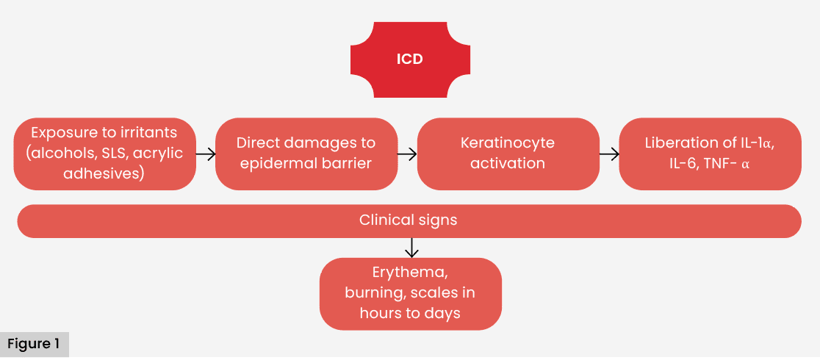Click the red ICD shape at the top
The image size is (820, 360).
click(409, 60)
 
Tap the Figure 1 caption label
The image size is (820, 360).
click(34, 344)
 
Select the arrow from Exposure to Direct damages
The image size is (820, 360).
click(206, 154)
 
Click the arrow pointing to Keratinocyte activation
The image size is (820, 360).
click(407, 154)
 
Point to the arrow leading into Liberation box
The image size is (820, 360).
click(609, 154)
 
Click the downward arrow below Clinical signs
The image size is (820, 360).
click(411, 248)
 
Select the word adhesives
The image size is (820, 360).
click(104, 175)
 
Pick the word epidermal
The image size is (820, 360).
click(271, 163)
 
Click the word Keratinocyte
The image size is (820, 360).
click(508, 143)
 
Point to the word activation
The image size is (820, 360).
click(508, 163)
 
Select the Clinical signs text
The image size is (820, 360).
click(409, 220)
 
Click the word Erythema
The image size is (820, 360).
click(410, 273)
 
